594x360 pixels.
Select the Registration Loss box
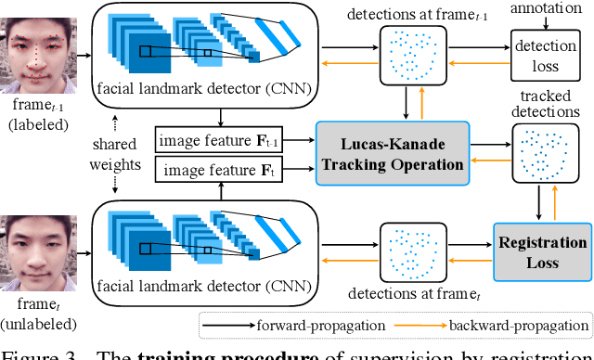(542, 252)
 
